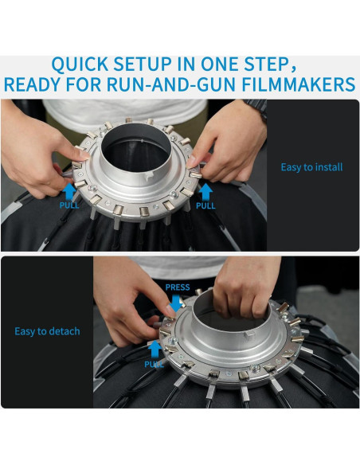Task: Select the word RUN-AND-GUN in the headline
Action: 171,84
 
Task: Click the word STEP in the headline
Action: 269,64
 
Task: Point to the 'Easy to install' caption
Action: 311,167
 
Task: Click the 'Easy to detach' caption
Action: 48,331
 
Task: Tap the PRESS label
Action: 178,287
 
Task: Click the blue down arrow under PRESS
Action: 177,303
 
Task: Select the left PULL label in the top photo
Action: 69,205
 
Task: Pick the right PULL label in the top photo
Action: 205,205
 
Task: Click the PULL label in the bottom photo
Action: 154,364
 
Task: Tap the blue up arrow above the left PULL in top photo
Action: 69,191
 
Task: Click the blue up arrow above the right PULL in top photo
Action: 205,192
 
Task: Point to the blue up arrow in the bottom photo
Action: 155,350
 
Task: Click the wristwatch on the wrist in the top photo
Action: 256,107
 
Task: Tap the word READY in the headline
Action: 32,84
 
